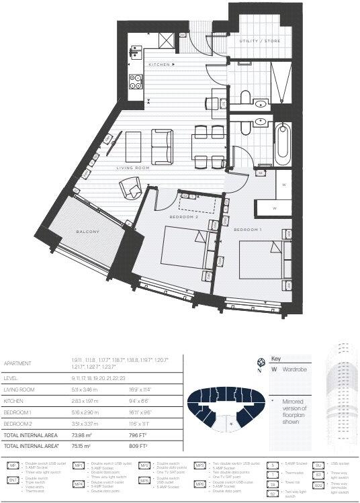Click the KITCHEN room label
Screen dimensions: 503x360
[159, 64]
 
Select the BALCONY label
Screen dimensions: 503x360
[87, 232]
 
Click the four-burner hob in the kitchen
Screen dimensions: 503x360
[134, 84]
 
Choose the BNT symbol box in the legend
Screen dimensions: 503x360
[13, 480]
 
